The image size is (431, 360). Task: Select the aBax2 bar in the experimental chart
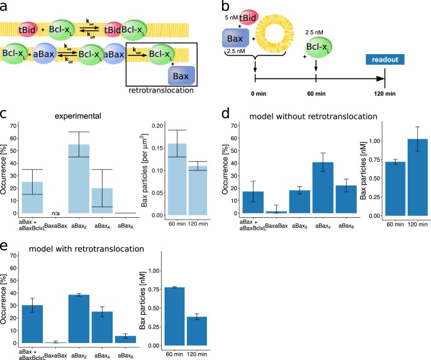79,179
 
